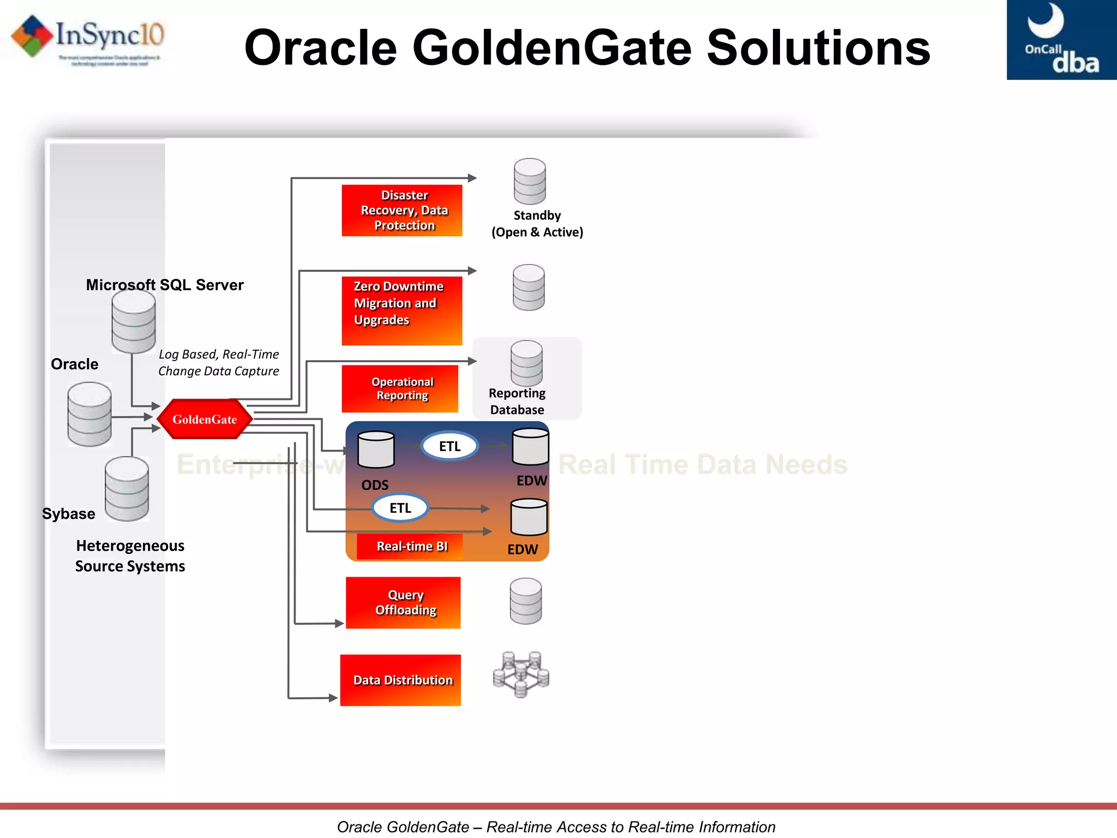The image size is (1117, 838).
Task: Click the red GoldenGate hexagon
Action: click(205, 419)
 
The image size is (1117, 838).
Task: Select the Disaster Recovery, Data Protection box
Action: click(402, 211)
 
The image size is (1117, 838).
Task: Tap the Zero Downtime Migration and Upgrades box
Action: click(402, 310)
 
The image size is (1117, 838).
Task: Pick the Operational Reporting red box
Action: click(400, 388)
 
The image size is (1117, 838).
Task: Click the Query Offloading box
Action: click(403, 602)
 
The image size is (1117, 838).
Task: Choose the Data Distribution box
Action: click(401, 680)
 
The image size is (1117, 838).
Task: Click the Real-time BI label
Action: click(411, 546)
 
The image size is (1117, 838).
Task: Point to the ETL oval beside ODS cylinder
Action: click(450, 446)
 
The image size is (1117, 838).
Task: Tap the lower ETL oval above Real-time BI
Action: click(400, 508)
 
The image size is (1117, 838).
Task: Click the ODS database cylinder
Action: click(376, 450)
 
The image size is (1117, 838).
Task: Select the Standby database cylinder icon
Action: click(530, 181)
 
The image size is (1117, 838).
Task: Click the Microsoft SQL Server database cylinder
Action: click(134, 322)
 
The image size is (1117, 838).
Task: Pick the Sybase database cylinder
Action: click(127, 489)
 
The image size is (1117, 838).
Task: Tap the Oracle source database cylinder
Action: click(89, 414)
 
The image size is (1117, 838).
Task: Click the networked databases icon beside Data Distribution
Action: click(521, 674)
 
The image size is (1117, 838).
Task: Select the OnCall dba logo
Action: click(1061, 40)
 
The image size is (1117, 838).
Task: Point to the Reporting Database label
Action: click(517, 401)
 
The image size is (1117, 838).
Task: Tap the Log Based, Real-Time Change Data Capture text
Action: click(219, 362)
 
